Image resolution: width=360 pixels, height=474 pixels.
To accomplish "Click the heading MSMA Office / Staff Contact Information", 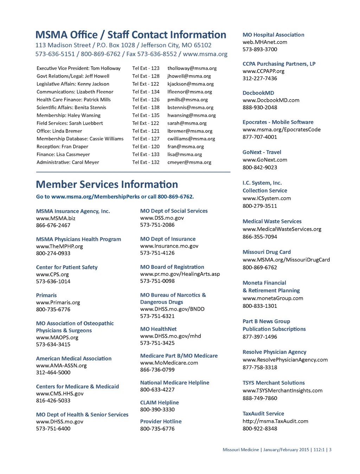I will point(131,35).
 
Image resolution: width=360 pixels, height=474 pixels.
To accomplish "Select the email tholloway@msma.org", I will point(192,68).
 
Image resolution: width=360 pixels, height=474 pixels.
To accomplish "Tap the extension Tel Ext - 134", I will point(146,92).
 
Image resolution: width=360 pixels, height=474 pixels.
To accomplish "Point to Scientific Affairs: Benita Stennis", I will point(71,108).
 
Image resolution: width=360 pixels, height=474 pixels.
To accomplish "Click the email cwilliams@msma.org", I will point(191,139).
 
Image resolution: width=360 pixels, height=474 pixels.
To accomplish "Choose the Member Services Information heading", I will point(107,184).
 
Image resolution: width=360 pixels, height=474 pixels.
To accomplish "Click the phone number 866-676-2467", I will point(53,225).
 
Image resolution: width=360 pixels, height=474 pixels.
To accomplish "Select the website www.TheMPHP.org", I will point(59,246).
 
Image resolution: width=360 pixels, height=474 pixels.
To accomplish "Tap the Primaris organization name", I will point(46,296).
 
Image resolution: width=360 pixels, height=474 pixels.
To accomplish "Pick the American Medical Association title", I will point(74,358).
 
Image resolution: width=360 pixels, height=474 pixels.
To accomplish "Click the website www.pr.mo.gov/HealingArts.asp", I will point(180,274).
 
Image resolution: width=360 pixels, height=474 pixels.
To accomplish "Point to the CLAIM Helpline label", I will point(160,403).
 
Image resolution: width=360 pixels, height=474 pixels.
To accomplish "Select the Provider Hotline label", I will point(161,422).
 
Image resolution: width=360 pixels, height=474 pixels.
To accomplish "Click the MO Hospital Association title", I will point(274,35).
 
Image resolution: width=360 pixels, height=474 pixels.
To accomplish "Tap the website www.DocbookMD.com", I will point(271,100).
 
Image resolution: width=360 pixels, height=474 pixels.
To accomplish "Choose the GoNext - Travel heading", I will point(262,152).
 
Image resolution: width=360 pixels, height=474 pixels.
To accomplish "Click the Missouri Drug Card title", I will point(267,252).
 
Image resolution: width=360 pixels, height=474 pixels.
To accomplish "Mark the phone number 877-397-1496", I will point(260,337).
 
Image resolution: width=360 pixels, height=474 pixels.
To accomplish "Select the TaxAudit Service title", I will point(263,414).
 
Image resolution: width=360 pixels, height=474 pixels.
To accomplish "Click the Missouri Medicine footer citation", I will point(277,450).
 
